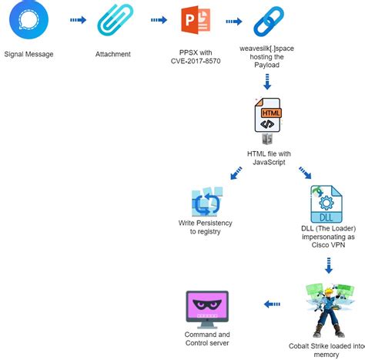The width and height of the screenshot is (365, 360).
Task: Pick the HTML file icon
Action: tap(266, 119)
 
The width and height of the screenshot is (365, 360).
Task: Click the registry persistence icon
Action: tap(206, 203)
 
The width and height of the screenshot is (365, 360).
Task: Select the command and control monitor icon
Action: tap(207, 306)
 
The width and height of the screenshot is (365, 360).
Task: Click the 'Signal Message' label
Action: tap(29, 55)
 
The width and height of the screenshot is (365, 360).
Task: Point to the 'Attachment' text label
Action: tap(113, 55)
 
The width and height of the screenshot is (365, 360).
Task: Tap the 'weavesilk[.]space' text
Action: tap(266, 49)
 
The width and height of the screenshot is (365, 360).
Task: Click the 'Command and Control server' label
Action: tap(207, 338)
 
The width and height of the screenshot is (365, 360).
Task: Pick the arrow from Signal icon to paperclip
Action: tap(78, 21)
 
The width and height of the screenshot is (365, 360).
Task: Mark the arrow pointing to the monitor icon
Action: tap(272, 304)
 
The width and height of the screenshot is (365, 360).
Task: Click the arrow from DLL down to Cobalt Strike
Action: tap(329, 266)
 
